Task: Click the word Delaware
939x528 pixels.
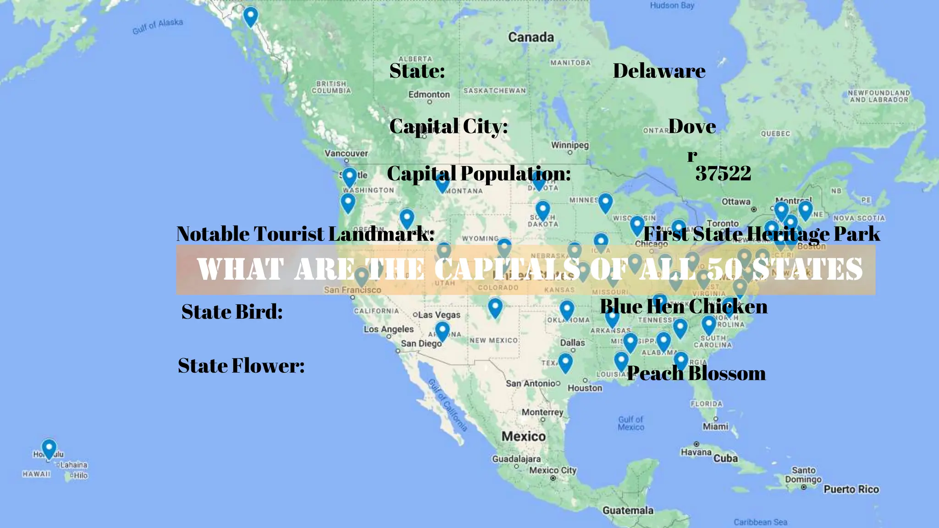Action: click(659, 71)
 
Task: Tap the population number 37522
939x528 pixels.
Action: click(723, 173)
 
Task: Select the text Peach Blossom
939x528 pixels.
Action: click(696, 373)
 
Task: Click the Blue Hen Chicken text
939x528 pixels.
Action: click(684, 306)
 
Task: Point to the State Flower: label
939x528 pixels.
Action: click(241, 366)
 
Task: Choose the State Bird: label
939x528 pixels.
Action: click(232, 312)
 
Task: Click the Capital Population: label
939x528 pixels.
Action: click(479, 173)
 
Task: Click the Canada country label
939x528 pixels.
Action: click(531, 37)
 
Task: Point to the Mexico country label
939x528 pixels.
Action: click(524, 436)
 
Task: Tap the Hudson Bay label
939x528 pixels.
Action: click(672, 5)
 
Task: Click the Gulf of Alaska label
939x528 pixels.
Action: click(158, 26)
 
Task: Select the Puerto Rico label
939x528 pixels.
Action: click(851, 489)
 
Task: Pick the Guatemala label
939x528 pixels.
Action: click(628, 510)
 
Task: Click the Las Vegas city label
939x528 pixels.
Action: click(439, 315)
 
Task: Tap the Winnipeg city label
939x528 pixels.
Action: click(570, 145)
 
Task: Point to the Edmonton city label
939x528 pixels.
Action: click(429, 94)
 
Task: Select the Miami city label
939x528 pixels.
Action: click(715, 427)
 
